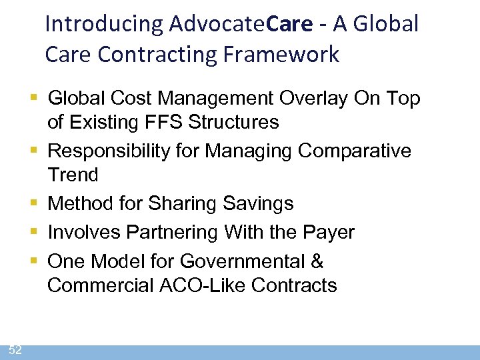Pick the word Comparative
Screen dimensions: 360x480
355,151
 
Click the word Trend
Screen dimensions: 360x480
73,175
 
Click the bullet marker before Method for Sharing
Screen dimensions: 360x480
35,203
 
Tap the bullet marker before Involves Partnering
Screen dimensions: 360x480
35,231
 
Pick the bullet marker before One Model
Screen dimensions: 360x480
35,260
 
